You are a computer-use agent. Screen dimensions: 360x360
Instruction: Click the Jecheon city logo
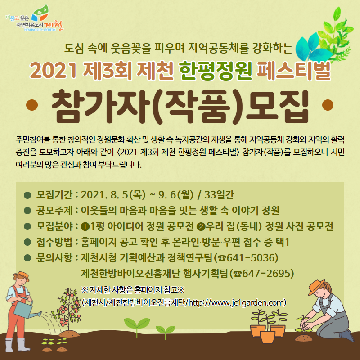[x=34, y=18]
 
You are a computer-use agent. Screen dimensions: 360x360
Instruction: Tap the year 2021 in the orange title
[x=54, y=71]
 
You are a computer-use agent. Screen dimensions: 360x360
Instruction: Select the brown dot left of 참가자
[x=32, y=105]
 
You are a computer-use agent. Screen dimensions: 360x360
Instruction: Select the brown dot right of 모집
[x=328, y=105]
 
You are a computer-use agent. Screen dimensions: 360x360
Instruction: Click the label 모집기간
[x=54, y=195]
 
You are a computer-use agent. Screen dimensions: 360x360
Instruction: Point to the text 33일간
[x=219, y=195]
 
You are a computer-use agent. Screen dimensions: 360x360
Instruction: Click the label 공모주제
[x=54, y=210]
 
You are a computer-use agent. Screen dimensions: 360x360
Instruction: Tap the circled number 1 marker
[x=85, y=227]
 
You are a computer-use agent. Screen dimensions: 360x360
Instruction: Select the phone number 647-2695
[x=266, y=274]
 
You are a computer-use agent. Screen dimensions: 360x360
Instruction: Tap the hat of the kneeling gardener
[x=316, y=287]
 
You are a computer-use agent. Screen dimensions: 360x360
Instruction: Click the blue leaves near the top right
[x=312, y=48]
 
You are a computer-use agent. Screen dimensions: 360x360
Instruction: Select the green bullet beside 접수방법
[x=27, y=242]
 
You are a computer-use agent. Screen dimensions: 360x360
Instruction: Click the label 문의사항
[x=54, y=257]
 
